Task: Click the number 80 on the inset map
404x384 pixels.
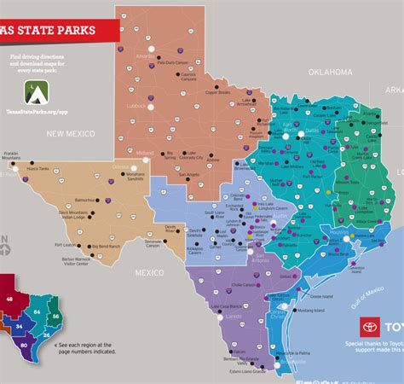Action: point(23,345)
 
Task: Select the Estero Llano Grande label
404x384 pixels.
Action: point(248,372)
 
